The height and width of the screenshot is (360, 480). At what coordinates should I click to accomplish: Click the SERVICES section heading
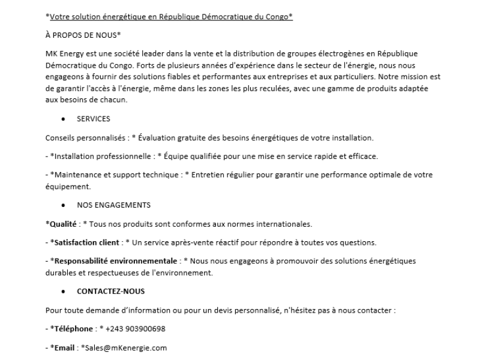[x=94, y=119]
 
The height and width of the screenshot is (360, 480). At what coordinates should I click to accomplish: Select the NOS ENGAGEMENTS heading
[x=113, y=205]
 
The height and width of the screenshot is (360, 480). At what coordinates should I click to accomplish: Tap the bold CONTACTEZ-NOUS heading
[x=111, y=292]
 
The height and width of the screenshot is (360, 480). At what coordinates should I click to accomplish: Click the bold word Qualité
[x=63, y=224]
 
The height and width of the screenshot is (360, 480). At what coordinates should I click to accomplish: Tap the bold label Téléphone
[x=72, y=329]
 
